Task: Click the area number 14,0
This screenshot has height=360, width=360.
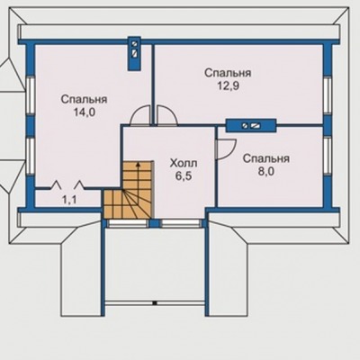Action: click(x=84, y=112)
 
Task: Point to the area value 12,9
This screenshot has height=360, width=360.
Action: click(x=228, y=86)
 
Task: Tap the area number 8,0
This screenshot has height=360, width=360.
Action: click(x=266, y=172)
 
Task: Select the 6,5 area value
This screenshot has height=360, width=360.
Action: click(x=184, y=176)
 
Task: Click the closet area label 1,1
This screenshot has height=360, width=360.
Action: click(x=69, y=200)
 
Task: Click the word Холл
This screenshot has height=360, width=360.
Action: click(x=184, y=164)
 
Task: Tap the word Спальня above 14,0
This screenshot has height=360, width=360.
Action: click(x=84, y=99)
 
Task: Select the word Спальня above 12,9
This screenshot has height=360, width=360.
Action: click(x=228, y=73)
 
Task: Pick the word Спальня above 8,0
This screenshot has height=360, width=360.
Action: click(x=266, y=158)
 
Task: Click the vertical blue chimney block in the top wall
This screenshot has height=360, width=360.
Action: click(x=134, y=54)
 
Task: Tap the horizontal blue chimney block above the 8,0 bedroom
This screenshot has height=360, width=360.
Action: click(x=251, y=126)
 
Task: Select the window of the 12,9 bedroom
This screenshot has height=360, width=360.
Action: click(x=328, y=95)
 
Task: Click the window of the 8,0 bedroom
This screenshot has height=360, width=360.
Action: click(x=328, y=156)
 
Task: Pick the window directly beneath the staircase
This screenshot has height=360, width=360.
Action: click(x=128, y=223)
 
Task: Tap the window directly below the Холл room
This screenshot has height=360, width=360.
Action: click(x=181, y=223)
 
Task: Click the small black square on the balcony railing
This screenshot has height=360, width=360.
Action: click(x=155, y=303)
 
